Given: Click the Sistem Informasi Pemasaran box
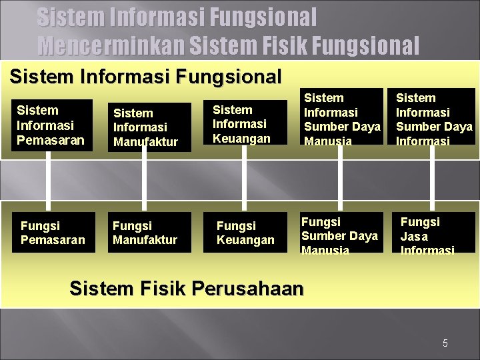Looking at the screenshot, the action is pyautogui.click(x=51, y=125).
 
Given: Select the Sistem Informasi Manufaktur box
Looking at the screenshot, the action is pyautogui.click(x=149, y=127).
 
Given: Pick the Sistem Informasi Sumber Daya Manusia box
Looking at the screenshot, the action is pyautogui.click(x=341, y=117).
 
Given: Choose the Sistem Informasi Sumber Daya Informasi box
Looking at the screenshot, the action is pyautogui.click(x=433, y=117).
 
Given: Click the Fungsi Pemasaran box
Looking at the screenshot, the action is pyautogui.click(x=51, y=233).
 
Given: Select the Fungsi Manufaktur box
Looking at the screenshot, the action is pyautogui.click(x=149, y=233).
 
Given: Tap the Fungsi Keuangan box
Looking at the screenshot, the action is pyautogui.click(x=245, y=233).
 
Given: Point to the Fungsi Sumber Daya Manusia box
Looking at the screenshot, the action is pyautogui.click(x=341, y=233).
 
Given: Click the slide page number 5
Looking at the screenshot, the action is pyautogui.click(x=445, y=343).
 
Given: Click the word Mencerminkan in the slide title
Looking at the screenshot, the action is pyautogui.click(x=111, y=45).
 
